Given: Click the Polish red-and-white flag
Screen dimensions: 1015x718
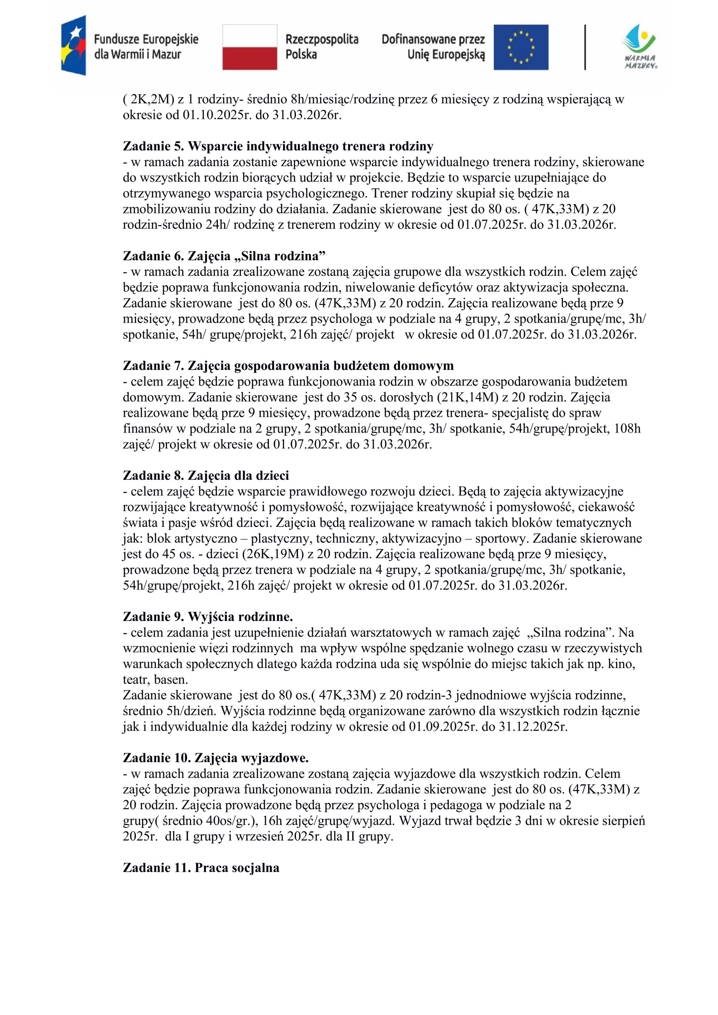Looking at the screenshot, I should click(x=250, y=47).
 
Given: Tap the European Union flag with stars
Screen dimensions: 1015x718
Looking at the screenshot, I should click(x=521, y=47).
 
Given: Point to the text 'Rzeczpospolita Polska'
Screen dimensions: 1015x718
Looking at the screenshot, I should click(x=322, y=47).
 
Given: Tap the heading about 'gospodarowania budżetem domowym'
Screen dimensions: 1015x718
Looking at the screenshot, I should click(x=288, y=366).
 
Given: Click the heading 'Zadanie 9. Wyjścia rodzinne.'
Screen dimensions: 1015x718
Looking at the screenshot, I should click(x=207, y=616).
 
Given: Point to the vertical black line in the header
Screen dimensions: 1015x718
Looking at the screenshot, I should click(x=585, y=47).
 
